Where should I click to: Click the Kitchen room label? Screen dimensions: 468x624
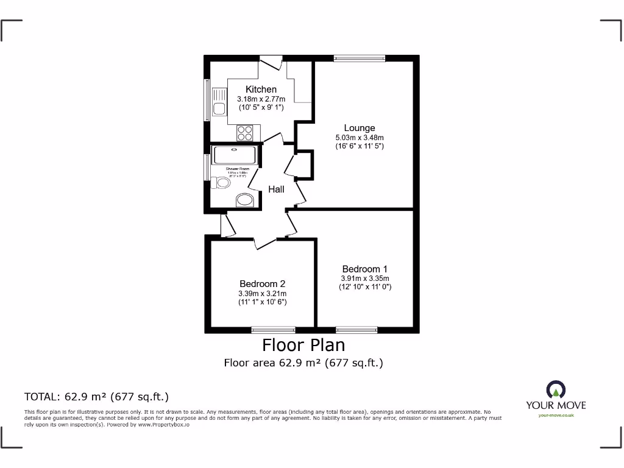pyautogui.click(x=261, y=90)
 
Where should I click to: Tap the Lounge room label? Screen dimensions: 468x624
pyautogui.click(x=359, y=128)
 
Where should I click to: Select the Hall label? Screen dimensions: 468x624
pyautogui.click(x=276, y=190)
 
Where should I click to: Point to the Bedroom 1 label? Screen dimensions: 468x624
pyautogui.click(x=364, y=269)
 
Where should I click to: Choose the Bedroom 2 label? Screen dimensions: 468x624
pyautogui.click(x=262, y=283)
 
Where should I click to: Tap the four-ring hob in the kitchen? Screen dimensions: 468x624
pyautogui.click(x=245, y=133)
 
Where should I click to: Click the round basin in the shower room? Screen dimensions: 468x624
pyautogui.click(x=245, y=200)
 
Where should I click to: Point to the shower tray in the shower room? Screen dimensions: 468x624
pyautogui.click(x=235, y=155)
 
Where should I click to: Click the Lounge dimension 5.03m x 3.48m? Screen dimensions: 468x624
pyautogui.click(x=359, y=137)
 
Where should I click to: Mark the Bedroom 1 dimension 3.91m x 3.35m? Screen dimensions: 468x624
pyautogui.click(x=364, y=278)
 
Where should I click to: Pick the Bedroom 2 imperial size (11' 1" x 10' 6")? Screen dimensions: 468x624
pyautogui.click(x=262, y=302)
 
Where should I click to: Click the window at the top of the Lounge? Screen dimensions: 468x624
pyautogui.click(x=360, y=58)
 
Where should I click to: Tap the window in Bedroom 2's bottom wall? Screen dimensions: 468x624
pyautogui.click(x=274, y=330)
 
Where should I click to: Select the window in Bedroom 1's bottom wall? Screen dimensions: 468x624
pyautogui.click(x=356, y=330)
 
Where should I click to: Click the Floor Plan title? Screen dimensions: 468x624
pyautogui.click(x=303, y=345)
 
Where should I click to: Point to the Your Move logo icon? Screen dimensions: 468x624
pyautogui.click(x=556, y=390)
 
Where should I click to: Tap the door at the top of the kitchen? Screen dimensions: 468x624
pyautogui.click(x=271, y=62)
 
